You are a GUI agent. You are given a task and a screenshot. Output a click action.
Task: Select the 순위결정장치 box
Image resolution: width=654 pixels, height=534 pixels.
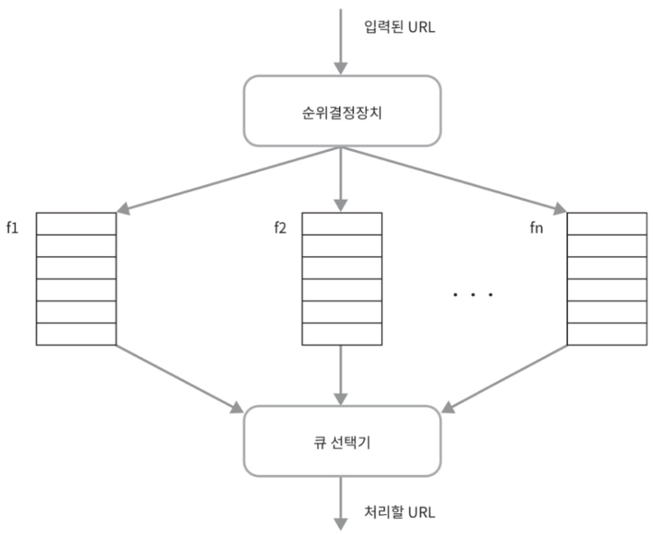point(340,110)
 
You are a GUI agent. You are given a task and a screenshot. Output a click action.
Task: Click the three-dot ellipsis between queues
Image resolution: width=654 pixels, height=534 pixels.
point(473,295)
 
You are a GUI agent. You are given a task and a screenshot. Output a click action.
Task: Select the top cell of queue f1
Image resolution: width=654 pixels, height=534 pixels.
point(76,224)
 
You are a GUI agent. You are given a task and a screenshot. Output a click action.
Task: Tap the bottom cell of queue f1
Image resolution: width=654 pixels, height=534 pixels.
point(76,333)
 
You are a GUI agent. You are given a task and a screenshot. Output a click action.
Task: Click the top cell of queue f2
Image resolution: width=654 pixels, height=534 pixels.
point(341,224)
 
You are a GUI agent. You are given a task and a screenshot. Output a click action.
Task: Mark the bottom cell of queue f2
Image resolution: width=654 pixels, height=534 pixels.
point(341,333)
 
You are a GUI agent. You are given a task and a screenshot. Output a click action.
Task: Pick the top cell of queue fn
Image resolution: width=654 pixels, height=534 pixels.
point(606,224)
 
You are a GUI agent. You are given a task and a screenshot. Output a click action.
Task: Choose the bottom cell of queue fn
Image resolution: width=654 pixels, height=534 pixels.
point(606,333)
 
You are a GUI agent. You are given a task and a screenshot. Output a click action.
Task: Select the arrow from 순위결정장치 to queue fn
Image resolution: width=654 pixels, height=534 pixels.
point(452,178)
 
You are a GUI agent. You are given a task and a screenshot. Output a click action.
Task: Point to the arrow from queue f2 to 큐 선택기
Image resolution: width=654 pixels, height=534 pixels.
point(341,373)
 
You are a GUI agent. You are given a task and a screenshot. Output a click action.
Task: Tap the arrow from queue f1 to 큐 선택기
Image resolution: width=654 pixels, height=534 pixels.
point(178,376)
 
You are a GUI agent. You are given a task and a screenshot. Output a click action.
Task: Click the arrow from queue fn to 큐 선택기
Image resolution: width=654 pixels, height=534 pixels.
point(504,376)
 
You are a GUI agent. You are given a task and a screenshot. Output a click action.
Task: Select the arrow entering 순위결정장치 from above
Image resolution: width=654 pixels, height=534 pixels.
point(341,43)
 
